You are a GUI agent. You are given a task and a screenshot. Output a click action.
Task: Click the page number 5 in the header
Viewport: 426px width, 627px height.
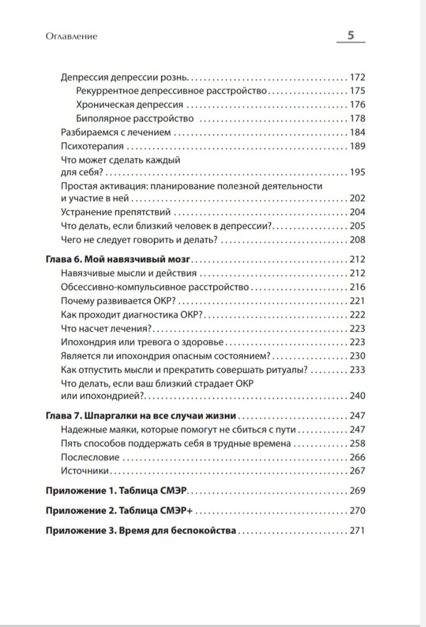pyautogui.click(x=351, y=35)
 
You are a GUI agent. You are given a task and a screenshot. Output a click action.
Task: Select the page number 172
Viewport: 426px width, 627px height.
pyautogui.click(x=357, y=77)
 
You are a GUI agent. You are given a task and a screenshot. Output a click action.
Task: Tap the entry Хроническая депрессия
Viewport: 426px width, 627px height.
pyautogui.click(x=130, y=105)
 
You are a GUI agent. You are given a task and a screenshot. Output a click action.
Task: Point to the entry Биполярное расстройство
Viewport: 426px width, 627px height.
pyautogui.click(x=135, y=119)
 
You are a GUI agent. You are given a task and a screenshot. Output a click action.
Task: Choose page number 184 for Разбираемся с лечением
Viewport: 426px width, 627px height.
pyautogui.click(x=357, y=132)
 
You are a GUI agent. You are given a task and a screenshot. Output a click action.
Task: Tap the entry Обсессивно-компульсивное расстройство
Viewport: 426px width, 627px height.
pyautogui.click(x=156, y=287)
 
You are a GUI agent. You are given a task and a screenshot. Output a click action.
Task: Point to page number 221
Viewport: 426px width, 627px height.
pyautogui.click(x=357, y=300)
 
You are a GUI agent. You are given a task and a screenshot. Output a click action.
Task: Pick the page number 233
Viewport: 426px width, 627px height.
pyautogui.click(x=357, y=369)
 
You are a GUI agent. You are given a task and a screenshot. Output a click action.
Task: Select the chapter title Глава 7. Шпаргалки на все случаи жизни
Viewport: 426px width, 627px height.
pyautogui.click(x=141, y=416)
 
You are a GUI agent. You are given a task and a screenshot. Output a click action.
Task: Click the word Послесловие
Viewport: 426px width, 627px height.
pyautogui.click(x=91, y=457)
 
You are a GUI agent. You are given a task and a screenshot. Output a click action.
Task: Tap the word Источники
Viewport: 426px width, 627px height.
pyautogui.click(x=85, y=471)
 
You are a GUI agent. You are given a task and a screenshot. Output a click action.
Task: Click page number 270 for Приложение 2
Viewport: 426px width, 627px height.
pyautogui.click(x=357, y=511)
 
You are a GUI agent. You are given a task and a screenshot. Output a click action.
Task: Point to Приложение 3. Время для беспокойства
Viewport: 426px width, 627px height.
pyautogui.click(x=141, y=531)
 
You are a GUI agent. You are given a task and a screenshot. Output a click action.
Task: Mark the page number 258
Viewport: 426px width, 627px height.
pyautogui.click(x=357, y=443)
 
